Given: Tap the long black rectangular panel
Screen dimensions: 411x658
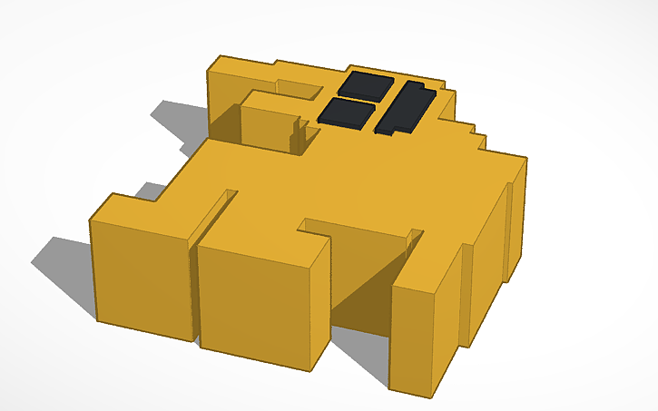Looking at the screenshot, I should click(x=406, y=107).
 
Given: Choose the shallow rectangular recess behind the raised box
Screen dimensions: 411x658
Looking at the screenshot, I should click(x=299, y=88).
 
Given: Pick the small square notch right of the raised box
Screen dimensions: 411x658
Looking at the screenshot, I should click(x=309, y=135).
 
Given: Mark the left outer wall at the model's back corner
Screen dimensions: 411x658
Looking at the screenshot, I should click(x=222, y=100).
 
